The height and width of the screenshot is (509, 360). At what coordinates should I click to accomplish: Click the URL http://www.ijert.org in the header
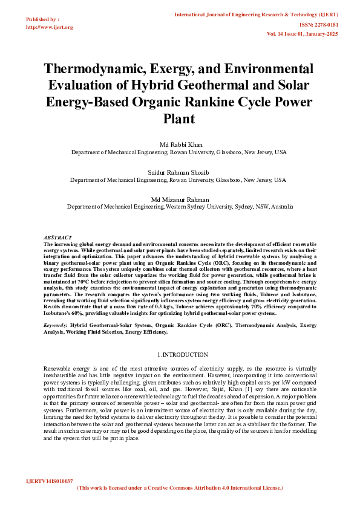50,27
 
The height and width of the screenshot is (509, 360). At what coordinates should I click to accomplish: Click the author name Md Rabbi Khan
179,145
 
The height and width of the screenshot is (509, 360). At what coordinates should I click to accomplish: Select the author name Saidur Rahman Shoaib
179,172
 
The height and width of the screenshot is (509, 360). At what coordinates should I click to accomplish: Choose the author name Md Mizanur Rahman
179,199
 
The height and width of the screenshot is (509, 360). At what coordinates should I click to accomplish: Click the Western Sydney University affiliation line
180,207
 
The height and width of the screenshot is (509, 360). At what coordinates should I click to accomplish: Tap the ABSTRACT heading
58,237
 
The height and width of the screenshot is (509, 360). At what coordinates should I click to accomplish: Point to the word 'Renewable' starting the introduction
58,368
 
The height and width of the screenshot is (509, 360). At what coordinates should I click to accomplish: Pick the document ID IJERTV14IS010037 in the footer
48,480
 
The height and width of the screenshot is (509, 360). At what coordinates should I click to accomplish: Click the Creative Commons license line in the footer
180,487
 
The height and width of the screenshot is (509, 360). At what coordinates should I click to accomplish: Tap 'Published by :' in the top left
42,19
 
